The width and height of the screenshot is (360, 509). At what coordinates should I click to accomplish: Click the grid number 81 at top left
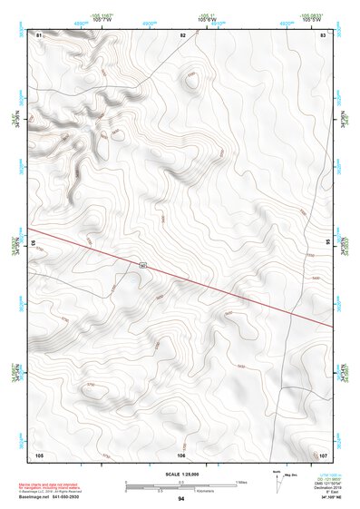(x=39, y=34)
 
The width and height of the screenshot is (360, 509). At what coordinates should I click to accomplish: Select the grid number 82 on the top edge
(x=182, y=34)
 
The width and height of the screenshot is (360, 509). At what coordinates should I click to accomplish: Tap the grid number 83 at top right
(x=322, y=34)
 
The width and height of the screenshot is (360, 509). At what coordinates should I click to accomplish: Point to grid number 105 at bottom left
(x=39, y=454)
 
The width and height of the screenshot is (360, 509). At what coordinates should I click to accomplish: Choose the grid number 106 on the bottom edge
(x=181, y=454)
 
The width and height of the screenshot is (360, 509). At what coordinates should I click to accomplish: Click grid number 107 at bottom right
(x=323, y=454)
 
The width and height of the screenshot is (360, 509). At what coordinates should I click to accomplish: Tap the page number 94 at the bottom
(x=181, y=499)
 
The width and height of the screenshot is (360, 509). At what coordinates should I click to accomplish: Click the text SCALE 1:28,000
(x=181, y=475)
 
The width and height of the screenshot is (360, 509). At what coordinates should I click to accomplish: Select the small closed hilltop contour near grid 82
(x=190, y=82)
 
